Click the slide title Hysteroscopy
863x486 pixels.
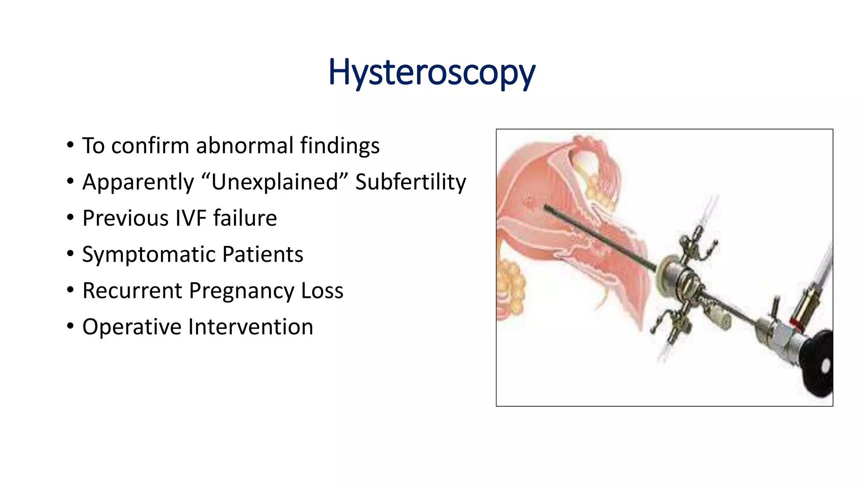click(x=431, y=73)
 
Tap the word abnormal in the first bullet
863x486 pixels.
click(x=245, y=146)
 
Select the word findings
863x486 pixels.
click(x=340, y=146)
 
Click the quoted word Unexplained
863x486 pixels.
click(x=275, y=182)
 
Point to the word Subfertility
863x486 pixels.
click(x=410, y=182)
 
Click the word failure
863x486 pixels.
click(x=245, y=218)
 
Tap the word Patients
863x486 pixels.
click(x=263, y=254)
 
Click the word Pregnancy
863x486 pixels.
click(x=241, y=291)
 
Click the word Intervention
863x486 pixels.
click(x=251, y=327)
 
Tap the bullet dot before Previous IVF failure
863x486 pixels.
click(x=70, y=218)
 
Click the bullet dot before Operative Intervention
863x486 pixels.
click(x=70, y=327)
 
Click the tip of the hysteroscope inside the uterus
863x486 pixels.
click(x=547, y=207)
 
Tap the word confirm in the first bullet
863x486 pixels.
click(x=150, y=146)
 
